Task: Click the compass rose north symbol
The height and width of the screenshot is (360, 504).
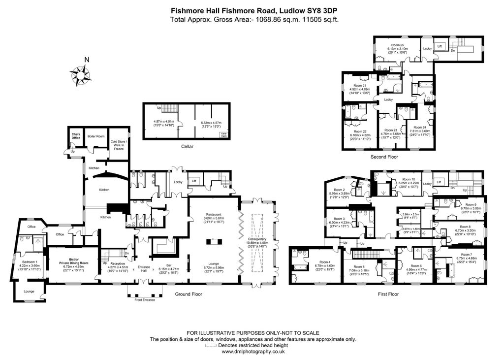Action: tap(80, 75)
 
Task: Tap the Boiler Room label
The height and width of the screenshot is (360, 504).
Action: tap(96, 136)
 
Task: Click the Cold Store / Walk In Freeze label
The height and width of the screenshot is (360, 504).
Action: tap(119, 145)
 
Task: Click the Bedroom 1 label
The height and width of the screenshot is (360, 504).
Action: tap(29, 262)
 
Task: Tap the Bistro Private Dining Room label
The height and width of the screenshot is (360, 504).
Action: tap(73, 261)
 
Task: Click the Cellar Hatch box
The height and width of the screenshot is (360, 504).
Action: tap(224, 134)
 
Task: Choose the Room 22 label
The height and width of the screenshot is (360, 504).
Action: tap(358, 131)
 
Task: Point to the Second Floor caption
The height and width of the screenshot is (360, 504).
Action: tap(384, 157)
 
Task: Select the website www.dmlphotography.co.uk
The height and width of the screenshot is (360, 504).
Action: tap(252, 352)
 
